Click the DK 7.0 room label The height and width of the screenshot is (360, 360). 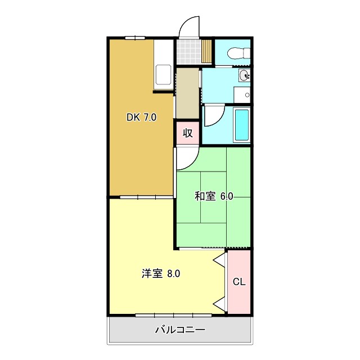click(141, 118)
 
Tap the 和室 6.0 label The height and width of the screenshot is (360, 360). click(214, 196)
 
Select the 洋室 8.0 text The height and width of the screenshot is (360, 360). click(161, 274)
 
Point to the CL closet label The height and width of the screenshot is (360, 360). click(239, 282)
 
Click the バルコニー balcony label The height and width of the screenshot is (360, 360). click(180, 330)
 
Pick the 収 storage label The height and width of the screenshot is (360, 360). click(188, 133)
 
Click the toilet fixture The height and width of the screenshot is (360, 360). click(237, 53)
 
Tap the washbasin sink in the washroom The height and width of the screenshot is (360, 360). click(244, 76)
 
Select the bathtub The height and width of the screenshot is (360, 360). click(241, 124)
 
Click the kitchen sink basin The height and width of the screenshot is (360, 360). click(164, 75)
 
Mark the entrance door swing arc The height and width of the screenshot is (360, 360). click(189, 27)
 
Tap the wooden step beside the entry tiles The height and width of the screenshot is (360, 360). click(207, 52)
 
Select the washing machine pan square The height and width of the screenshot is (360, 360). click(242, 95)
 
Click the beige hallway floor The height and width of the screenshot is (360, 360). click(187, 93)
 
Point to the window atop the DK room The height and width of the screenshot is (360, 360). click(135, 38)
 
